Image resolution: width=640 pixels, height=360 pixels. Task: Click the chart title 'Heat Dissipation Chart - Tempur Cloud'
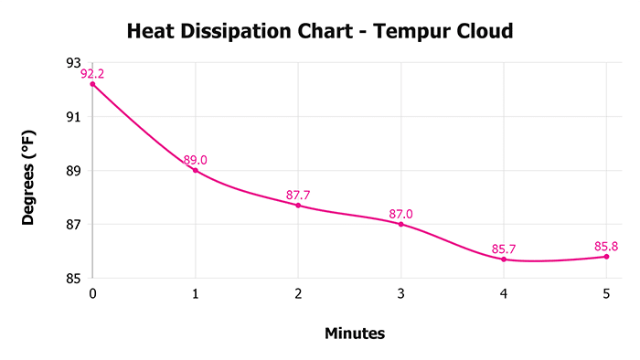point(320,31)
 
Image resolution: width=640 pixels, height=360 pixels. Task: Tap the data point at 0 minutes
point(92,84)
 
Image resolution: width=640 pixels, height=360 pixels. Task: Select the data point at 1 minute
point(196,170)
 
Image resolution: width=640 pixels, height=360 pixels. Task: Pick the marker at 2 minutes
point(298,205)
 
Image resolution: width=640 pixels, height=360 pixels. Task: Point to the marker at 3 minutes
point(400,224)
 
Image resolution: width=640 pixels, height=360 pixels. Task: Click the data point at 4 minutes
point(504,259)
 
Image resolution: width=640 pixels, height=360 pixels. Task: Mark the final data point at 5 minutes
point(606,257)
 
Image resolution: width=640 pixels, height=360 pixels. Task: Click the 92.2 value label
point(92,74)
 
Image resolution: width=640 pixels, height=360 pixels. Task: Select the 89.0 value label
point(196,160)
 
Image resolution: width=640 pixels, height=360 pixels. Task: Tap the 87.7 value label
point(298,195)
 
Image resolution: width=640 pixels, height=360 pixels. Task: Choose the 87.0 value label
point(400,214)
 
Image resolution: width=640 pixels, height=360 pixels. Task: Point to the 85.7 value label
point(504,249)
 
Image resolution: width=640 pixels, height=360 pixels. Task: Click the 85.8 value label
point(606,246)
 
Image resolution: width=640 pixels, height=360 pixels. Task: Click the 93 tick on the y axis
point(74,63)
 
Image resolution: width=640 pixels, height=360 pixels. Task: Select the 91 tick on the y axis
point(74,117)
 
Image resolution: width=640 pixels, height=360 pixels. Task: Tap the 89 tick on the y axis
point(74,171)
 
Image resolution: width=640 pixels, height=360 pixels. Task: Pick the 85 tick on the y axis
point(74,279)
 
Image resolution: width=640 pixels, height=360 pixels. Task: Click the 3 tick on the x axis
point(400,293)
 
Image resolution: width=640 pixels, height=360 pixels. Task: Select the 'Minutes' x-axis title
point(355,334)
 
